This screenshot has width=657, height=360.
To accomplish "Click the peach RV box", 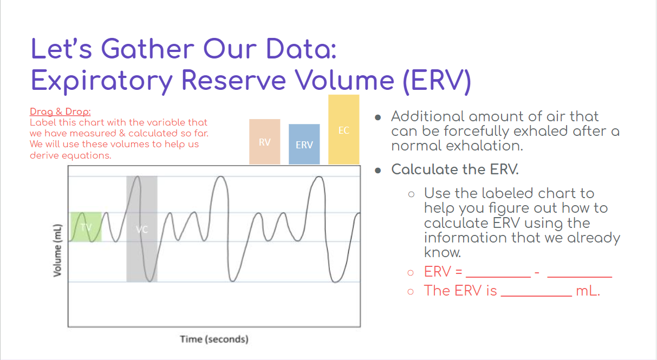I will click(x=264, y=142).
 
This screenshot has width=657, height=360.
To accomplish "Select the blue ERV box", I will click(x=304, y=145).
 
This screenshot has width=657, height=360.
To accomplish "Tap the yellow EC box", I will click(x=343, y=130).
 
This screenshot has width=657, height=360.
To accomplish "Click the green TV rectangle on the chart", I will click(x=86, y=226).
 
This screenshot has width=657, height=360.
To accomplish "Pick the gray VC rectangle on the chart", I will click(x=142, y=229).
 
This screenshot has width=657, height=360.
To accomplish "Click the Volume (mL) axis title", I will click(x=57, y=250).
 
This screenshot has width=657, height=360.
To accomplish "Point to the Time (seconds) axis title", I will click(x=214, y=339).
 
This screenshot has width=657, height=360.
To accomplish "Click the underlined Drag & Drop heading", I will click(x=60, y=112).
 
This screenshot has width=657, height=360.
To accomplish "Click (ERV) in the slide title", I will click(x=436, y=80).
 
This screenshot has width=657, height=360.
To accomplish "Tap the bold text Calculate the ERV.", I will click(x=455, y=169).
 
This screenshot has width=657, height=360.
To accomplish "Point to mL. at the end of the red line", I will click(x=588, y=291).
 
